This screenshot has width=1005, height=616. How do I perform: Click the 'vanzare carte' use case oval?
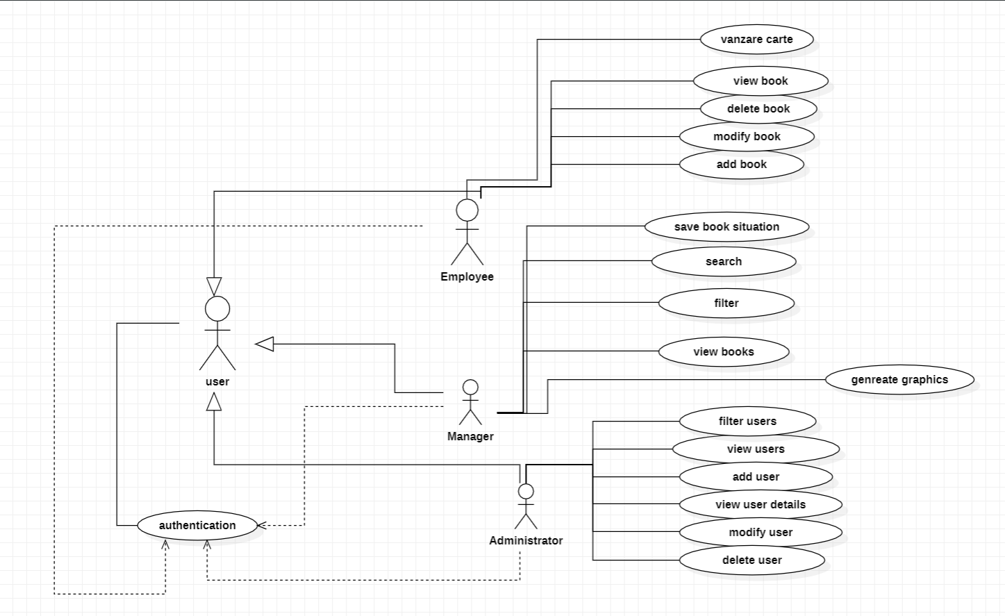[756, 40]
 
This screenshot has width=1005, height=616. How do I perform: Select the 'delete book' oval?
[758, 109]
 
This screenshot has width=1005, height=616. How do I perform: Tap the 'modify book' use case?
[747, 137]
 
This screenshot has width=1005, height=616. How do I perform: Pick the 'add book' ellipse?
[741, 165]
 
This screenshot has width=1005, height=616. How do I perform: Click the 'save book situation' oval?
[726, 227]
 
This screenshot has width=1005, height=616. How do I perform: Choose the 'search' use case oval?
[723, 262]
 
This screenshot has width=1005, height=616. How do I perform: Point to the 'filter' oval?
[726, 303]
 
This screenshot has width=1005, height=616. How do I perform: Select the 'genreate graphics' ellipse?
[899, 380]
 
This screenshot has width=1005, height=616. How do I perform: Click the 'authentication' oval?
[197, 526]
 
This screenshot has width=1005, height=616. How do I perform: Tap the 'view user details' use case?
[761, 505]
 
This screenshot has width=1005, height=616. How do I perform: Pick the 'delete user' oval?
[751, 560]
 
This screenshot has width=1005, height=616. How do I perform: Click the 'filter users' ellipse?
[747, 422]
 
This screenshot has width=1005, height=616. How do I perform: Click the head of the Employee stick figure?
[467, 210]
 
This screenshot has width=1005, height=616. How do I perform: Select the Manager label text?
[470, 436]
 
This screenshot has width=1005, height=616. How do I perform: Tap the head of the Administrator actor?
[526, 492]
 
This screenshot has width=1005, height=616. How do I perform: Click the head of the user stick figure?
[217, 309]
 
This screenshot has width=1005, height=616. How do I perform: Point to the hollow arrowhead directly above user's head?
[214, 286]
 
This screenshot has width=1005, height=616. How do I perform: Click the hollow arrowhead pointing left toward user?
[265, 343]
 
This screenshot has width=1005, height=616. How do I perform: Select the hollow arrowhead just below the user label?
[214, 401]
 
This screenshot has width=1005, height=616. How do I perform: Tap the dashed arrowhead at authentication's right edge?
[262, 526]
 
